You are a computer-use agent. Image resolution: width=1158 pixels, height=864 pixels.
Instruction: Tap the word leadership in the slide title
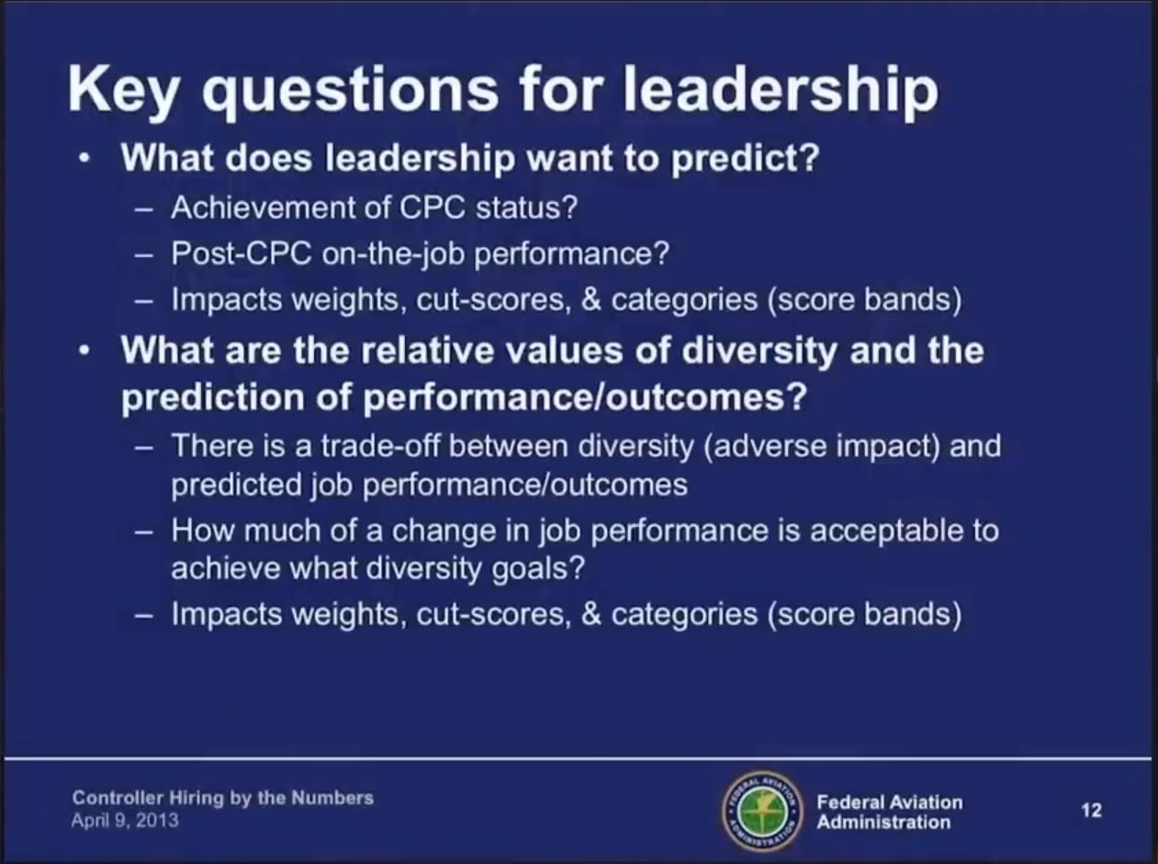(781, 89)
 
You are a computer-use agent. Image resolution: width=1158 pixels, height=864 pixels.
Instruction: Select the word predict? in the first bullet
(745, 159)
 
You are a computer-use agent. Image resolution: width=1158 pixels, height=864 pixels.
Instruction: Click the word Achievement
(264, 208)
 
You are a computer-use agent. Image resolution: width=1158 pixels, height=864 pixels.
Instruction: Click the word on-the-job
(393, 254)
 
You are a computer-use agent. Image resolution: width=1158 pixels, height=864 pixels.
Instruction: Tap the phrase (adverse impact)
(821, 447)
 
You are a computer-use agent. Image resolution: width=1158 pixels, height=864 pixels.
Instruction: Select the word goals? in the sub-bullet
(538, 569)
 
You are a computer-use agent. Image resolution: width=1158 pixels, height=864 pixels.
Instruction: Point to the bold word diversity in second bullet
(759, 352)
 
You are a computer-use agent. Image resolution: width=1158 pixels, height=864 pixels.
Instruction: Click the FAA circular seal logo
(762, 812)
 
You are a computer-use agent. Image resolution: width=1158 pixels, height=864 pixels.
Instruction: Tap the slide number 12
(1091, 810)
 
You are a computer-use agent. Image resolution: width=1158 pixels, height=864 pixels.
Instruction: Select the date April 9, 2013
(125, 821)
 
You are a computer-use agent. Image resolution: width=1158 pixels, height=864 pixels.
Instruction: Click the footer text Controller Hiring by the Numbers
(222, 798)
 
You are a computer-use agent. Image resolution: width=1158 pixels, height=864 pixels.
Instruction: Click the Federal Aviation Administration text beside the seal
(890, 813)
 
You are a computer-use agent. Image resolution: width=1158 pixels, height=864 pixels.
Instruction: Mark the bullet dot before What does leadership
(84, 159)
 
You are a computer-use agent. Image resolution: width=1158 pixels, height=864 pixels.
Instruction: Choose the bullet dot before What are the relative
(84, 352)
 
